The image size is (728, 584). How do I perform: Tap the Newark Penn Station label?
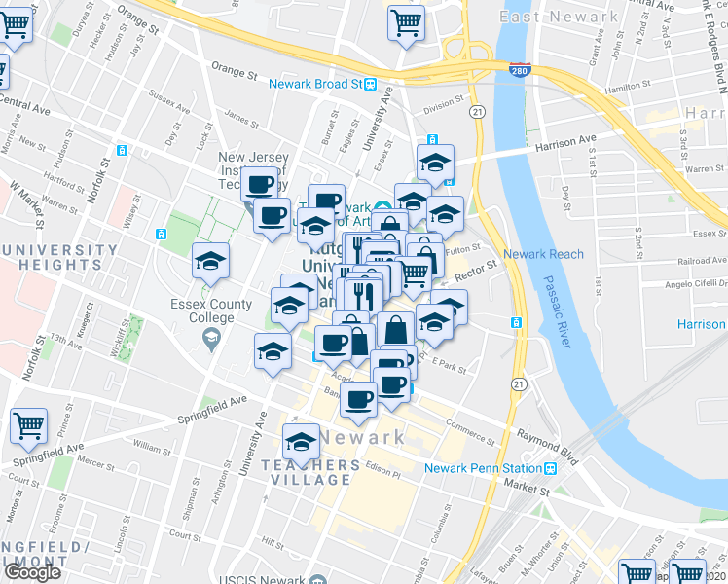pyautogui.click(x=483, y=468)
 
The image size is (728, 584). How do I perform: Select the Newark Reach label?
pyautogui.click(x=549, y=255)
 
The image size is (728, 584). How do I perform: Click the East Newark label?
pyautogui.click(x=558, y=17)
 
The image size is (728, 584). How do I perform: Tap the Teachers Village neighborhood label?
pyautogui.click(x=304, y=472)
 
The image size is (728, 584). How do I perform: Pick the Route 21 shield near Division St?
pyautogui.click(x=477, y=113)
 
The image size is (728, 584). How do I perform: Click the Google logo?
pyautogui.click(x=33, y=572)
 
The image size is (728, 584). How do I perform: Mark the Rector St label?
pyautogui.click(x=475, y=267)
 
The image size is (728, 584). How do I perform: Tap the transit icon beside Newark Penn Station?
pyautogui.click(x=551, y=468)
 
